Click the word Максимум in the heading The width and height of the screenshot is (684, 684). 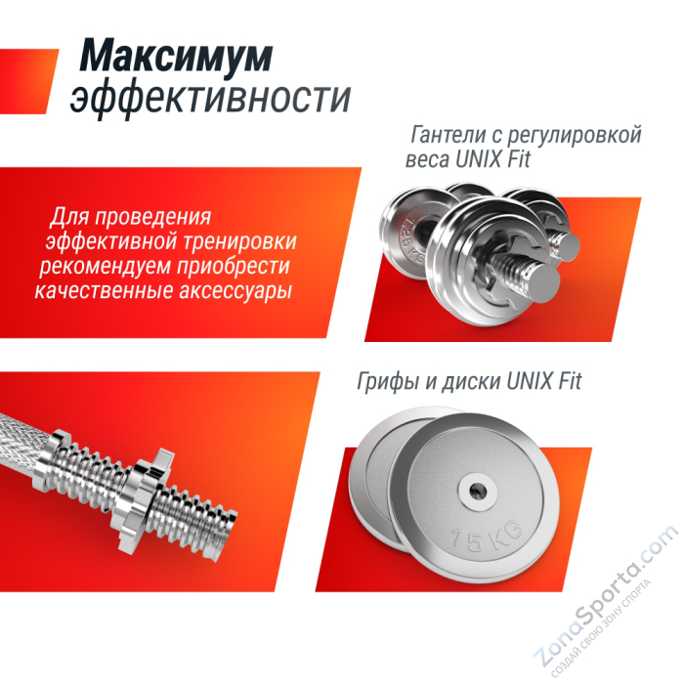(x=176, y=58)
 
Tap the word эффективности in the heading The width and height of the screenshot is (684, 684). (x=211, y=99)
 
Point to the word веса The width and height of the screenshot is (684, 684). (x=425, y=160)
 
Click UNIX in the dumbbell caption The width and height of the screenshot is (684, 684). (x=481, y=160)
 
